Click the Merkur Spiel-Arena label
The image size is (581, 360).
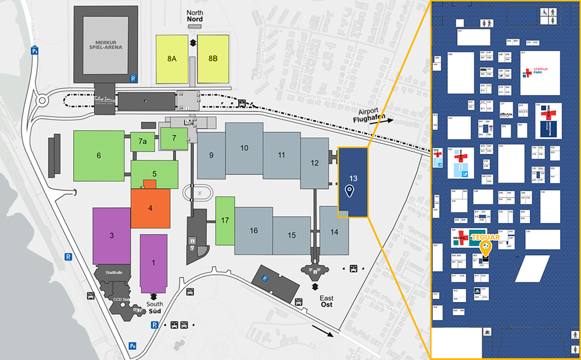pos(106,46)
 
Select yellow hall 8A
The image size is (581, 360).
pos(172,59)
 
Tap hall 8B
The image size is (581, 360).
pos(213,59)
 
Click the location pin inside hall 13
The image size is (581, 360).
pos(349,191)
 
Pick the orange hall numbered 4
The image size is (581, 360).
pos(150,208)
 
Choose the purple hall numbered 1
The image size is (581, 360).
pos(153,262)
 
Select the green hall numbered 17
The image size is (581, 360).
pos(224,221)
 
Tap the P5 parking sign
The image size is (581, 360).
pos(35,51)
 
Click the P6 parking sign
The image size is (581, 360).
pos(133,346)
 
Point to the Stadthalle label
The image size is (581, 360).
pos(114,271)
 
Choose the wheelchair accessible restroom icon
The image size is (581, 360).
pos(548,11)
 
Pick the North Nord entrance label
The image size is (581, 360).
pos(193,16)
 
